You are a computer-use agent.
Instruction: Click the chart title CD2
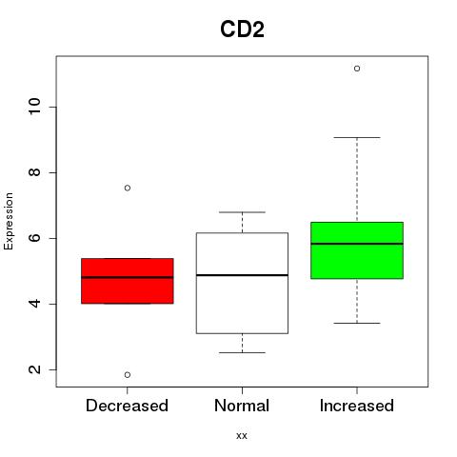(242, 30)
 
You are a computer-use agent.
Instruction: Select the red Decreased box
(128, 281)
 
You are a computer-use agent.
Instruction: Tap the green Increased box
(357, 250)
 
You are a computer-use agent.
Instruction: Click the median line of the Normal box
(242, 275)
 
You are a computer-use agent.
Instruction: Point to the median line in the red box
(128, 277)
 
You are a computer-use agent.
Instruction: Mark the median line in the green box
(357, 244)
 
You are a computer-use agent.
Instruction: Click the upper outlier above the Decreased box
(128, 188)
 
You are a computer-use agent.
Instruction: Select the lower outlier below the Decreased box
(128, 375)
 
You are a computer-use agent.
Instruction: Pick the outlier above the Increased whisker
(357, 69)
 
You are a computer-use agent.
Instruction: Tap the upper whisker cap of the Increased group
(357, 137)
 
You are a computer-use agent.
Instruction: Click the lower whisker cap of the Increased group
(357, 323)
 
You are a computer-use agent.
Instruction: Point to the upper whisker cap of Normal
(242, 212)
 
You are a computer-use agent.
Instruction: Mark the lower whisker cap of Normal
(242, 352)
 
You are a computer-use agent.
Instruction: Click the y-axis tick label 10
(35, 107)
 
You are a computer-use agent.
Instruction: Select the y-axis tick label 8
(35, 172)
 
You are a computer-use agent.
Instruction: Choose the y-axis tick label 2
(35, 369)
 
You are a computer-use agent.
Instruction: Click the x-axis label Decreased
(127, 406)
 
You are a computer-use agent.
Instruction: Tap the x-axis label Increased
(357, 406)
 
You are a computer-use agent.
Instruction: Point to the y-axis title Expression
(9, 221)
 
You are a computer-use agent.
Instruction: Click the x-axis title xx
(242, 436)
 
